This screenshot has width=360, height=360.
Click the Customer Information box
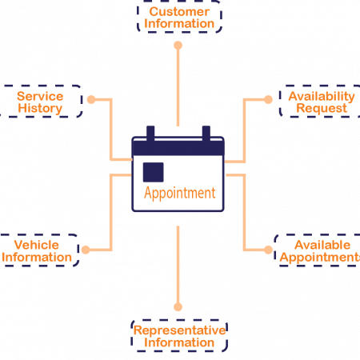point(179,18)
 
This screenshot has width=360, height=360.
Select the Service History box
point(41,102)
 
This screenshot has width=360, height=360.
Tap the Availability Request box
point(320,102)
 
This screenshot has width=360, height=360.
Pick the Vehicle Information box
point(38,250)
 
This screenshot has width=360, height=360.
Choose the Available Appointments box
point(318,250)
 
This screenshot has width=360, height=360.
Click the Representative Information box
point(179,335)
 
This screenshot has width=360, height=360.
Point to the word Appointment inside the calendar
point(180,193)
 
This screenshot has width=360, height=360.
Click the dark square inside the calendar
point(154,172)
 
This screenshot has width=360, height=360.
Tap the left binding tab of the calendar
point(150,133)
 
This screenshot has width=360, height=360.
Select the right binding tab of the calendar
point(206,133)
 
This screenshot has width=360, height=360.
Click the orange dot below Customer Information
point(178,46)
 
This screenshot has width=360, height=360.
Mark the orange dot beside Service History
point(91,99)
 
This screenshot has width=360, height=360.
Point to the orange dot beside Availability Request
point(268,99)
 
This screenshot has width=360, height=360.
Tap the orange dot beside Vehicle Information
point(86,250)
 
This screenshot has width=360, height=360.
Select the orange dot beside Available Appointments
point(268,250)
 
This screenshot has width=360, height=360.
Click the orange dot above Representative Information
point(178,307)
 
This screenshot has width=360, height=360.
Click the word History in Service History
point(40,109)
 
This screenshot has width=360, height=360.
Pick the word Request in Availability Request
point(322,109)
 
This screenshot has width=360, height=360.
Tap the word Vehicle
point(37,245)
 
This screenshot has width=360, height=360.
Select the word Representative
point(179,330)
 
